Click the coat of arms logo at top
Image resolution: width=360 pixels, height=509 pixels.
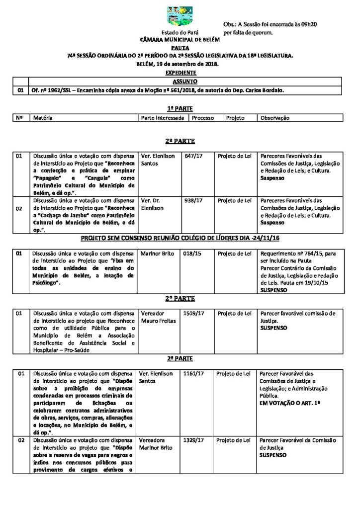click(x=180, y=16)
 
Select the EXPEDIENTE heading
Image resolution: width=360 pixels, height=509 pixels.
click(x=180, y=73)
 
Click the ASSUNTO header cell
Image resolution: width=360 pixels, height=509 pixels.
click(x=185, y=81)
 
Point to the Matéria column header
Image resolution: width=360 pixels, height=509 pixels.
click(x=43, y=118)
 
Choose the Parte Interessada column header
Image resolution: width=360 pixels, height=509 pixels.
click(x=163, y=118)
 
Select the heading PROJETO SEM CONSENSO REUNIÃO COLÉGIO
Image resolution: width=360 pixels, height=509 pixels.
click(x=180, y=238)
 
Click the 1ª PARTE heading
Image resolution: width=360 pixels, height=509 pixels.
click(x=180, y=108)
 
